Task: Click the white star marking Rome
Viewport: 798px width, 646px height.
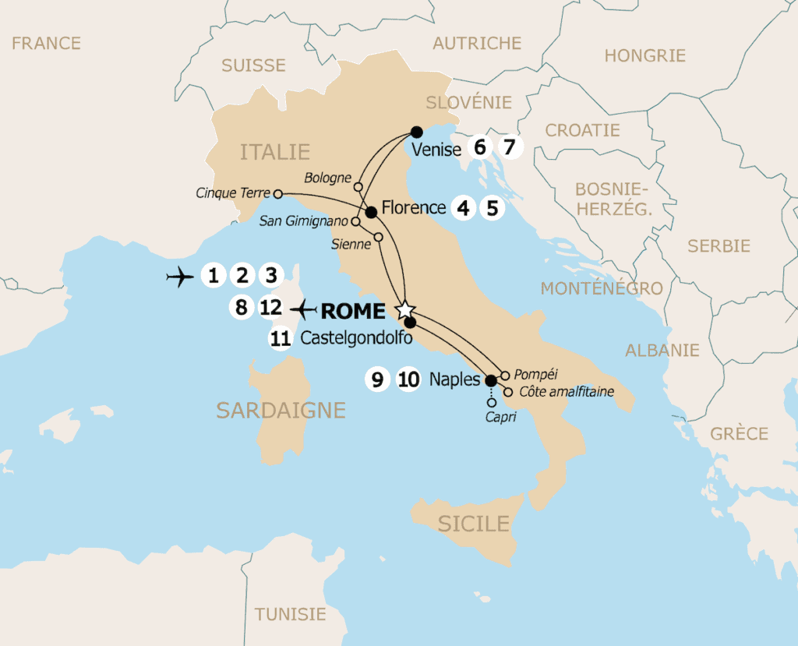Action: coord(404,310)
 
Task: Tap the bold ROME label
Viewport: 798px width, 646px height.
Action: coord(353,311)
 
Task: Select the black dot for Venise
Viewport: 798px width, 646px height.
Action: coord(416,132)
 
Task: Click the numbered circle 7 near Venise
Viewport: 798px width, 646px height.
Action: coord(510,146)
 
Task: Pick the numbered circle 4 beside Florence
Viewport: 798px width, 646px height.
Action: coord(464,208)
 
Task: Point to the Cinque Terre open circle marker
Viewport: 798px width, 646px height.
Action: coord(277,193)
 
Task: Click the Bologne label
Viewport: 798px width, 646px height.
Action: coord(328,178)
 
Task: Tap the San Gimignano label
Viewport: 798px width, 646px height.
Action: coord(303,221)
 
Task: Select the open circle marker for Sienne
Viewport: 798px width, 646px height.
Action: coord(378,237)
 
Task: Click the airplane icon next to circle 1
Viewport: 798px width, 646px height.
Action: coord(180,276)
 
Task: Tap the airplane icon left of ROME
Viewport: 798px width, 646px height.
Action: coord(302,309)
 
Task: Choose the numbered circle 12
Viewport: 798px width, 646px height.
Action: coord(270,308)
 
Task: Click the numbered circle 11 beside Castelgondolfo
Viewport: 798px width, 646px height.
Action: coord(281,338)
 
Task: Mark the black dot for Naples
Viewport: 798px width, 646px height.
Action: coord(490,381)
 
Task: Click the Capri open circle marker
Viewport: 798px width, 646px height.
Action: coord(490,403)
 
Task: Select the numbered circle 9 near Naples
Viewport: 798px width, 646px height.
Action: coord(377,380)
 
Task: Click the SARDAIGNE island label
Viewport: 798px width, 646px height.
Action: coord(281,410)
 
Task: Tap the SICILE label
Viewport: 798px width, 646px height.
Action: coord(473,524)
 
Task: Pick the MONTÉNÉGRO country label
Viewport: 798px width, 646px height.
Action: coord(602,288)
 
